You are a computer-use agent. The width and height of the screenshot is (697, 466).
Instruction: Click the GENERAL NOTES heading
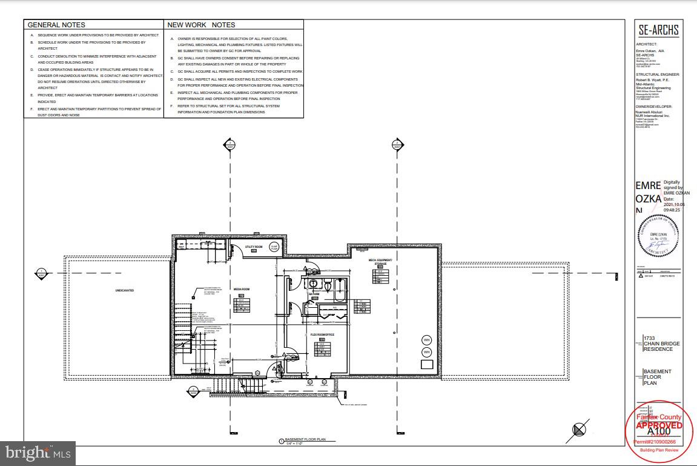coord(57,25)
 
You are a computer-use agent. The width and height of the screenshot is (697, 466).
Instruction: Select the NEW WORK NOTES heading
coord(201,25)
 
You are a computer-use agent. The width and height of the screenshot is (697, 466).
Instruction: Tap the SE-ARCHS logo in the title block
coord(658,30)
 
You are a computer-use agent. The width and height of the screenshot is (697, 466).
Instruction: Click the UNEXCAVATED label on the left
coord(125,291)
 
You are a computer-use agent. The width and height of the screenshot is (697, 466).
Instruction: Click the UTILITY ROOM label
coord(253,247)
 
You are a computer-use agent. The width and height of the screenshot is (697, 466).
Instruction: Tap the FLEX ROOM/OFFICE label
coord(322,334)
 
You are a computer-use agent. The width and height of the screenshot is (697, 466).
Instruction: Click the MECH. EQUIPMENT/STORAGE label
coord(381,262)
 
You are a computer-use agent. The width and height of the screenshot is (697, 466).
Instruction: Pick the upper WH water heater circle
coord(426,339)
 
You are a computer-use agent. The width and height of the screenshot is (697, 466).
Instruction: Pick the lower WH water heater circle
coord(426,351)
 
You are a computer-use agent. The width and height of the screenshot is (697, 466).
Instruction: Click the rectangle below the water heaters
coord(426,364)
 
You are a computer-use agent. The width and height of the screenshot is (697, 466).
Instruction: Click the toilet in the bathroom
coord(314,284)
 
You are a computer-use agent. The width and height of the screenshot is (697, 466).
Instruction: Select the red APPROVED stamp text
coord(659,425)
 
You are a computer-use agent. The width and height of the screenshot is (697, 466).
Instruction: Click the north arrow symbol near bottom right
coord(580,429)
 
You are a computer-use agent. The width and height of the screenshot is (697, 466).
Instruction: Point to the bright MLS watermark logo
coord(38,452)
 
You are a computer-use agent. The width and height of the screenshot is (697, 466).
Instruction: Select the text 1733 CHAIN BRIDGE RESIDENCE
coord(661,344)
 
